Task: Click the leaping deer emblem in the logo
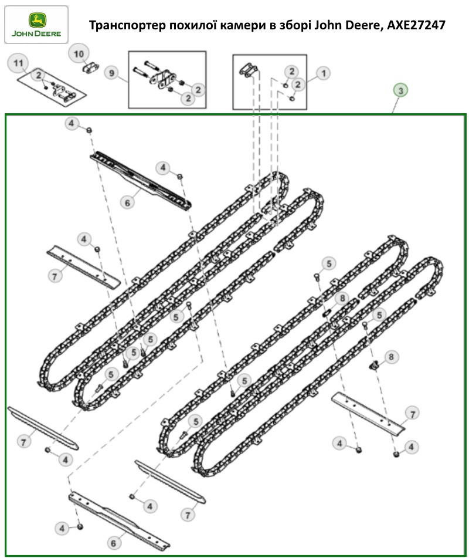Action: [37, 20]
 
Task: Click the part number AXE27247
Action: [416, 25]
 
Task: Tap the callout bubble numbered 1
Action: [323, 73]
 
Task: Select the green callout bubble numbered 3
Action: [400, 90]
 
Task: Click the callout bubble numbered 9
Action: [111, 73]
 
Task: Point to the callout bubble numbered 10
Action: [79, 54]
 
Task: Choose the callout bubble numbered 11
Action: [18, 63]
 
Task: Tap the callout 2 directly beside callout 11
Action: [39, 75]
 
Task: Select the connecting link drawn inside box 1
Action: [249, 70]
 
